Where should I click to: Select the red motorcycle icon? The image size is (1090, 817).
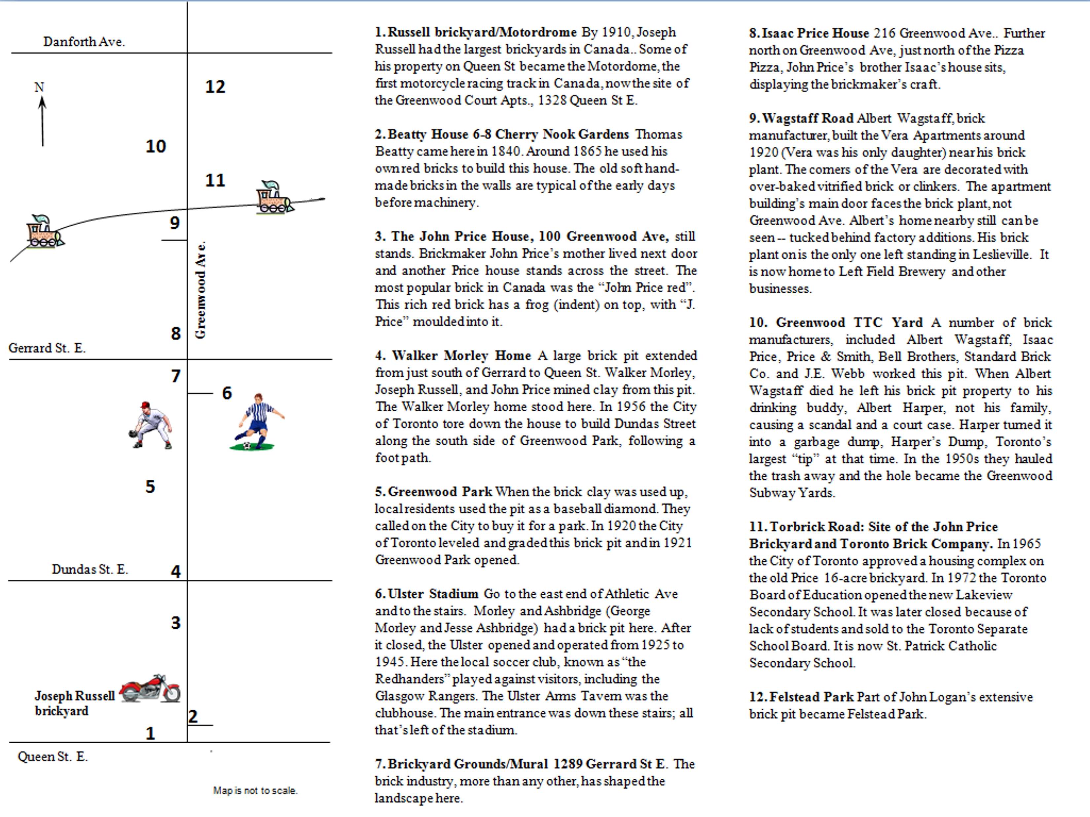(150, 687)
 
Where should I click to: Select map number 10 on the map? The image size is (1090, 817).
(156, 146)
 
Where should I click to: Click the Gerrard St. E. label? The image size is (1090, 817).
(47, 348)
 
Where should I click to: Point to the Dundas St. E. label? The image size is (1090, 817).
(90, 569)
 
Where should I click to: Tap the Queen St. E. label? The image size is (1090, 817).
(53, 757)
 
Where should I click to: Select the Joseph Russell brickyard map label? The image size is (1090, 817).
(74, 703)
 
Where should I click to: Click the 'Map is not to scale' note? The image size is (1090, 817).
(255, 790)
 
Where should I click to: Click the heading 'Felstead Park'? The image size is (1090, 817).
(812, 697)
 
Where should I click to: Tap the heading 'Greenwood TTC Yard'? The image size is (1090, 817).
(849, 323)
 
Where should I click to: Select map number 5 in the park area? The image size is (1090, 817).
(150, 487)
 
